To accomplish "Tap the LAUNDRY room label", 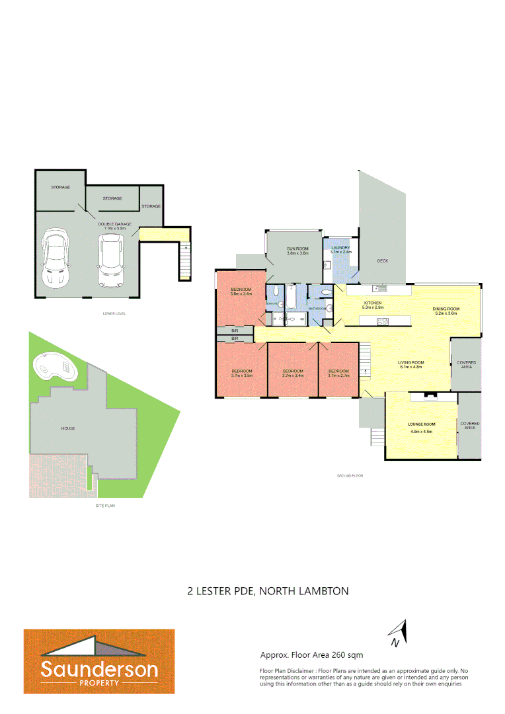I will click(341, 248).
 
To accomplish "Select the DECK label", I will click(382, 260).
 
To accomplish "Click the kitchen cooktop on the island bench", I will click(382, 321).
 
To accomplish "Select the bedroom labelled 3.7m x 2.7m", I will click(338, 375).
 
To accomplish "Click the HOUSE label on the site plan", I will click(68, 428).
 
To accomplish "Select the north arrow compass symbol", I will click(397, 633).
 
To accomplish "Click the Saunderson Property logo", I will click(99, 661).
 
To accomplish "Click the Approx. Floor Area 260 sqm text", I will click(311, 655).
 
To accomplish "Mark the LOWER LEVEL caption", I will click(115, 313).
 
